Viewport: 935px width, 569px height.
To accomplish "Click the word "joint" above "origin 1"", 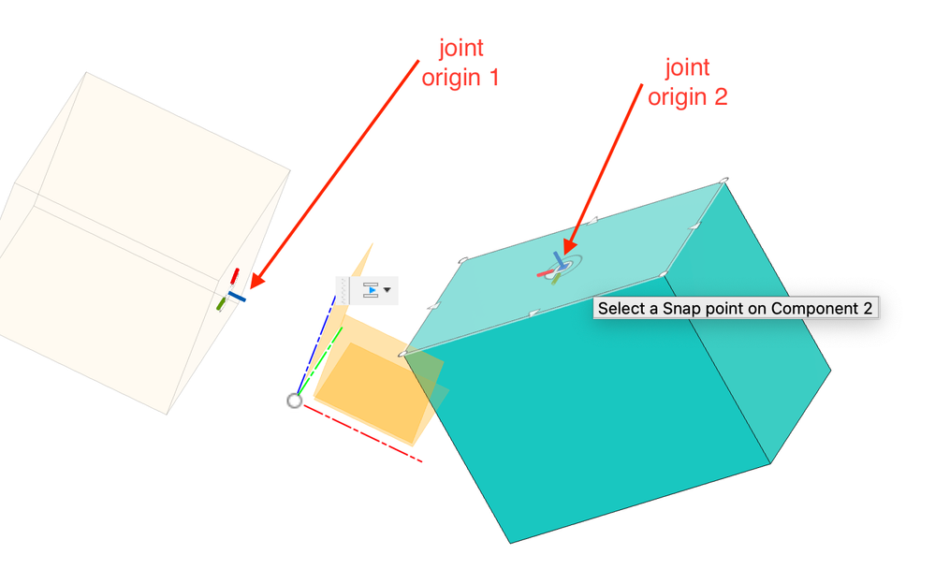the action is pos(460,49).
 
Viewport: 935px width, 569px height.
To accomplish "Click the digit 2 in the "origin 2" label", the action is pos(721,96).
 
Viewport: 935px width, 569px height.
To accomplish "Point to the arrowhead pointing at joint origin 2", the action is pos(569,246).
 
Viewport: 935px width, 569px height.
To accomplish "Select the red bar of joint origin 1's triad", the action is pos(235,276).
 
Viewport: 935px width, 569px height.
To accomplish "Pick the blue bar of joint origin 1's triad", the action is pos(237,297).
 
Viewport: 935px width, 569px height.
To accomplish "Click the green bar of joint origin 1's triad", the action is pos(221,304).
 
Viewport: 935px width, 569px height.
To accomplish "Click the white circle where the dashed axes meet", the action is pos(295,401).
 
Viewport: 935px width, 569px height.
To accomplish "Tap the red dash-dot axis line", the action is pos(363,433).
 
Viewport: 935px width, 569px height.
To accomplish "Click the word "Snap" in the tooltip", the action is pos(681,308).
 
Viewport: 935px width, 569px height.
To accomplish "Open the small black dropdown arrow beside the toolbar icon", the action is pos(387,290).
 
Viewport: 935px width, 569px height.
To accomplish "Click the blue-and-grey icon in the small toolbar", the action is pos(371,290).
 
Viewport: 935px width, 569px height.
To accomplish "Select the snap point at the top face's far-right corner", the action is pos(723,180).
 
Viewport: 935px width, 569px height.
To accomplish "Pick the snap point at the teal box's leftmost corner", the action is pos(403,355).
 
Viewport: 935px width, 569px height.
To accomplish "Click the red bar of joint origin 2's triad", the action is pos(545,274).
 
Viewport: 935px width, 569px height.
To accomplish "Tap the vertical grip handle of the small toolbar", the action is pos(343,290).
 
